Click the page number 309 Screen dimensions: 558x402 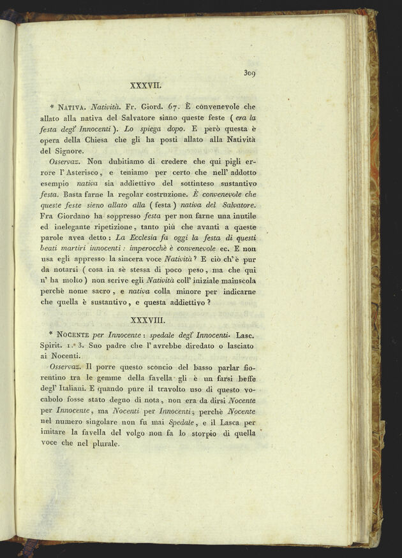(x=249, y=74)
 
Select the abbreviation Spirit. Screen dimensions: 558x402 (x=52, y=354)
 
